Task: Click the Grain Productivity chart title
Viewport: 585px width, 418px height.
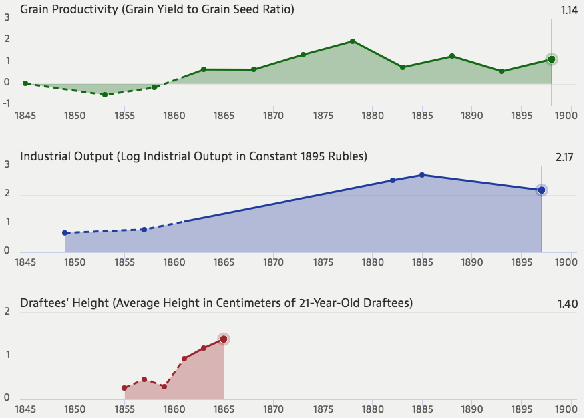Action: (x=158, y=9)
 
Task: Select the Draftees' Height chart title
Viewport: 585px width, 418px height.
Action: (x=216, y=303)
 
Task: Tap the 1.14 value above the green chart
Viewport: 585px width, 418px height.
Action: (x=570, y=9)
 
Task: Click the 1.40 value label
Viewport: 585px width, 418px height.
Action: (x=567, y=304)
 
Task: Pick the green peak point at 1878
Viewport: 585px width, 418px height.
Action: (x=353, y=41)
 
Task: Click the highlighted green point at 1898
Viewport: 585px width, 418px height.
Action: (x=552, y=59)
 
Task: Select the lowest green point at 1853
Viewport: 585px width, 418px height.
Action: (x=104, y=95)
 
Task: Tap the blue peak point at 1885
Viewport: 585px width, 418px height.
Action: (x=422, y=175)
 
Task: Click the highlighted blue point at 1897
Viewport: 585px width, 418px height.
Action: (x=542, y=190)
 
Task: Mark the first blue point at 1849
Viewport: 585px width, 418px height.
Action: (x=65, y=233)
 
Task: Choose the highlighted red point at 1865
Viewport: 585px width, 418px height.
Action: (x=224, y=339)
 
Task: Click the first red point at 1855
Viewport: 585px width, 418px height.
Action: (x=124, y=388)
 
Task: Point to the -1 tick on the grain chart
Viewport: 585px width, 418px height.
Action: (x=7, y=103)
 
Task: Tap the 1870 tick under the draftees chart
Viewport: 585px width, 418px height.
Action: (x=273, y=408)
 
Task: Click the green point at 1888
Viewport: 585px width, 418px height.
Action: (x=452, y=56)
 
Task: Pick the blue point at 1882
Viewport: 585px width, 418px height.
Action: (x=393, y=180)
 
